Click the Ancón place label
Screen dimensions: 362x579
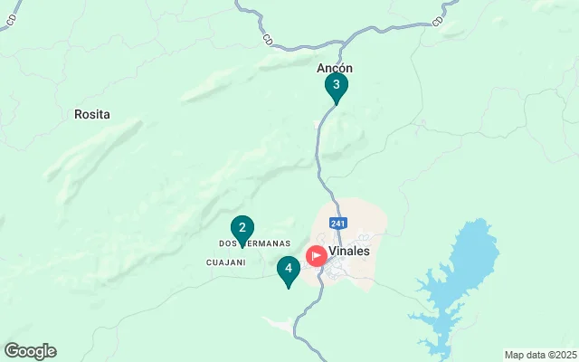[335, 68]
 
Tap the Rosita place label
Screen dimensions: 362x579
[91, 115]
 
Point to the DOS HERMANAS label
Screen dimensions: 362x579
[255, 243]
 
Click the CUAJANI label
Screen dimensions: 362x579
[226, 262]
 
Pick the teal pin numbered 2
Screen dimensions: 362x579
[242, 228]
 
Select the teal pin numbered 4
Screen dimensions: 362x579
[288, 269]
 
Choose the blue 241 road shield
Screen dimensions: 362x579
[338, 224]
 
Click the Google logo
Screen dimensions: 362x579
[30, 351]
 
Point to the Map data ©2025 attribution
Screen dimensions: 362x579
[539, 354]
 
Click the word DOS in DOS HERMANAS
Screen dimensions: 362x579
[228, 243]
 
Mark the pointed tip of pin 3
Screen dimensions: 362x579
[336, 105]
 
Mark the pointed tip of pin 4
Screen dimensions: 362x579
[288, 289]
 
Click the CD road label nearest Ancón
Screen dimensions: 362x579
[268, 40]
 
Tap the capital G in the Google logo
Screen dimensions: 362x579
[12, 351]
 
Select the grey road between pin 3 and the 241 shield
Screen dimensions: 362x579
[318, 163]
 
